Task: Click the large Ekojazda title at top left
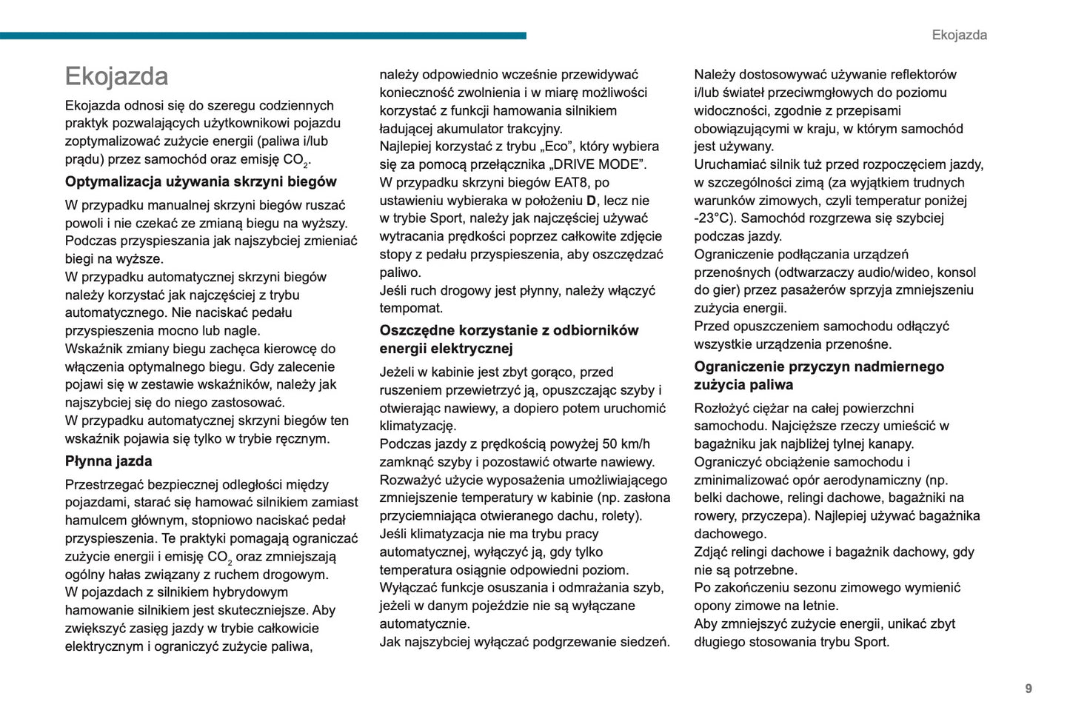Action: click(116, 76)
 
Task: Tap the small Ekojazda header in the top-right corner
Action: click(959, 35)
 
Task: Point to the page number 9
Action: click(1028, 689)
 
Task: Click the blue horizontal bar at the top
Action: click(263, 36)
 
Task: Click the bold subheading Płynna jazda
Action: click(108, 461)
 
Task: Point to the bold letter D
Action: click(591, 201)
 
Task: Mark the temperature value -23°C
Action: click(714, 218)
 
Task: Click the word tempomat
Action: click(411, 308)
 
